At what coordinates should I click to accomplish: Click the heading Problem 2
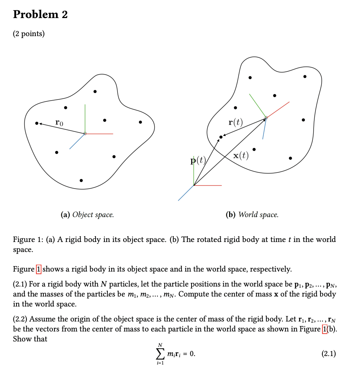[40, 15]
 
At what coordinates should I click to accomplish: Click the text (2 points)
[29, 34]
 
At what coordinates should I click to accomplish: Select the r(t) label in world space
[235, 123]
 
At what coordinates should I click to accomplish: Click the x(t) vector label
[241, 156]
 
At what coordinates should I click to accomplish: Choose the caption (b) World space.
[252, 215]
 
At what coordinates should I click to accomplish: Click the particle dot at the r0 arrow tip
[36, 124]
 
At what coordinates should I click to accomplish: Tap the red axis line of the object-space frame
[100, 134]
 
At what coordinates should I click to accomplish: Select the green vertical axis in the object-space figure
[85, 117]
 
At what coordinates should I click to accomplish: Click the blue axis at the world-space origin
[186, 193]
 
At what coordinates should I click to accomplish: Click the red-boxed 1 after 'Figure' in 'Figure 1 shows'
[38, 269]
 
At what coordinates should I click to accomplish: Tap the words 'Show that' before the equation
[30, 339]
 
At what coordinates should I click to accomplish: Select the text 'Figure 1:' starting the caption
[28, 240]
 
